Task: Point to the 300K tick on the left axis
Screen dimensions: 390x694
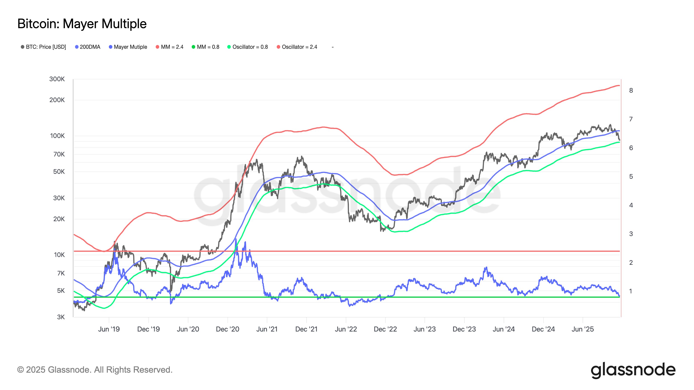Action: tap(57, 79)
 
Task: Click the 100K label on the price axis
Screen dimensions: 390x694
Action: tap(57, 136)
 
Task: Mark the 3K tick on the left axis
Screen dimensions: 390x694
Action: tap(61, 317)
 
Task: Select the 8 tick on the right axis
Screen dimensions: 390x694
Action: tap(631, 90)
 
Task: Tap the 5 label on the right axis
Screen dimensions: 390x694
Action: tap(631, 177)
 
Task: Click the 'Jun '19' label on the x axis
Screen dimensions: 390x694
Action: tap(109, 329)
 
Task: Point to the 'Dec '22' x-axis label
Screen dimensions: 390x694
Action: tap(385, 329)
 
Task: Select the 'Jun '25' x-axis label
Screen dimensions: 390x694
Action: tap(583, 329)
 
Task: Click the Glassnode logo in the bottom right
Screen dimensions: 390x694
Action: tap(633, 370)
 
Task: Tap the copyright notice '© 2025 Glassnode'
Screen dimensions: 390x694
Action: tap(95, 370)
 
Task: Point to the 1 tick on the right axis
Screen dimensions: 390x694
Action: tap(631, 291)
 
